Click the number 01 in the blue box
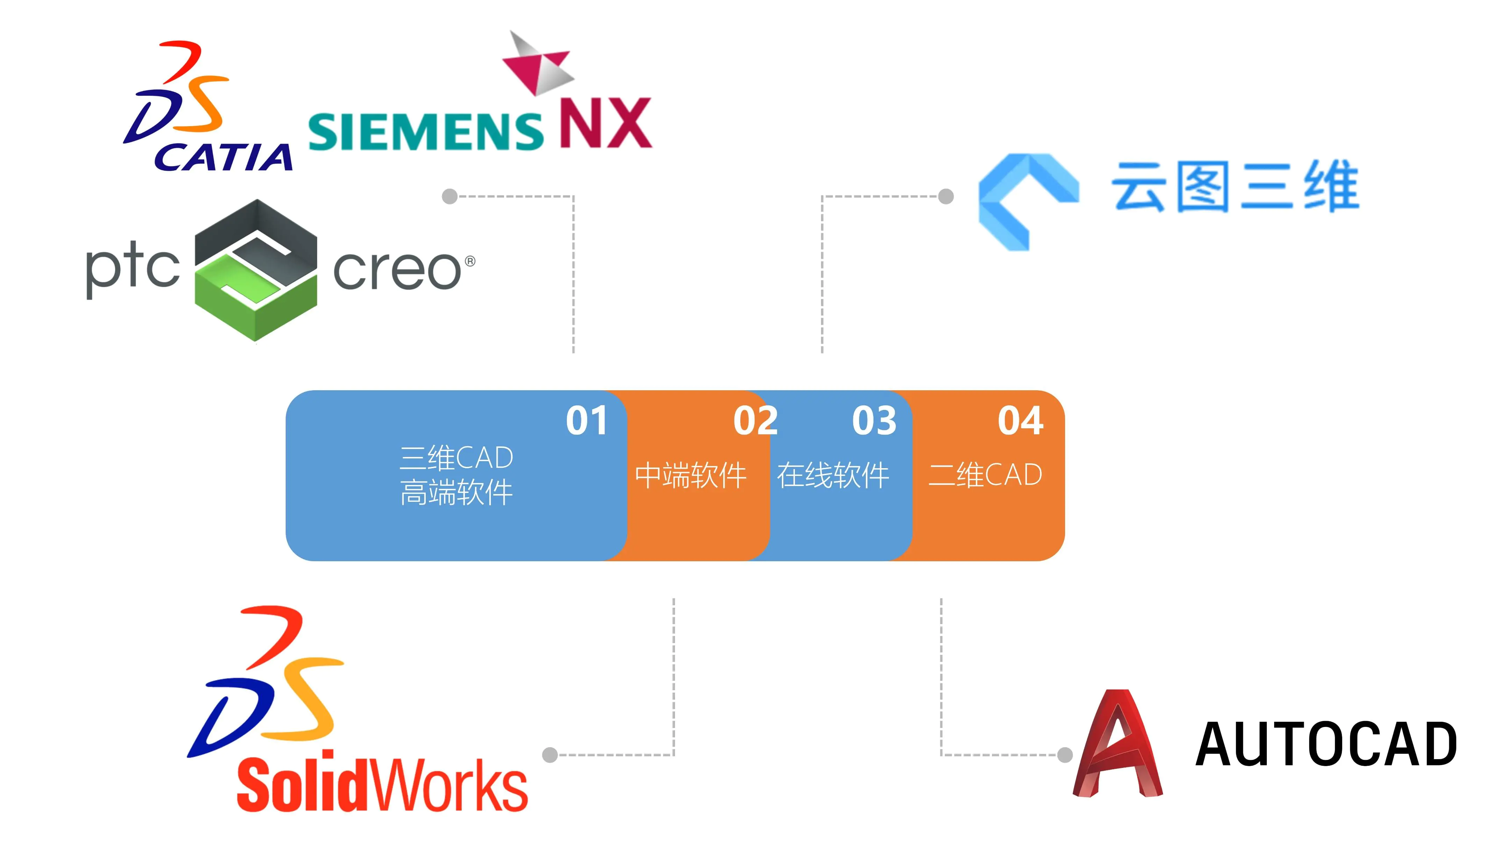coord(587,421)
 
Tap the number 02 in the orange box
coord(755,421)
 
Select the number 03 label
coord(874,421)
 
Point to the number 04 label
coord(1020,421)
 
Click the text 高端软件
coord(456,492)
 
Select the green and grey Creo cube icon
coord(256,270)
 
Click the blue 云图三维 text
coord(1235,186)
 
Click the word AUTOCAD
coord(1325,744)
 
